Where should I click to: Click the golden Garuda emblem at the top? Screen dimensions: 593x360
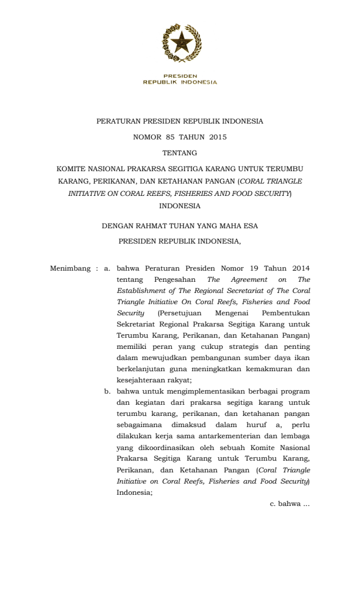point(180,43)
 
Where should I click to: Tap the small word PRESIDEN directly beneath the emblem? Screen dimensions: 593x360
point(180,76)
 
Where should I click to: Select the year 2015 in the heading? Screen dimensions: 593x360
point(216,138)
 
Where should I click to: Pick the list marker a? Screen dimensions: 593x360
point(107,269)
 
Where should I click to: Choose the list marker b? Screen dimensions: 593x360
point(107,391)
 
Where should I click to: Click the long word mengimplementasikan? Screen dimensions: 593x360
point(198,391)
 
